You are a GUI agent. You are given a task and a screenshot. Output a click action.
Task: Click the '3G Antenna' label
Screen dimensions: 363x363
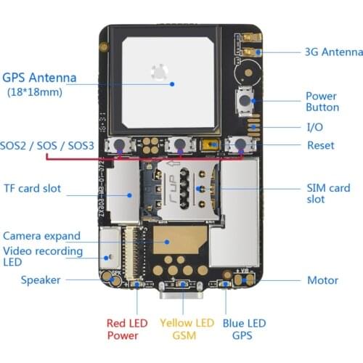333,52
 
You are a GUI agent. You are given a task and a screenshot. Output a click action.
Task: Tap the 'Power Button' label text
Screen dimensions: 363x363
322,102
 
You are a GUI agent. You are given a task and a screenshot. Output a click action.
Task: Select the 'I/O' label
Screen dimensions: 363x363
314,126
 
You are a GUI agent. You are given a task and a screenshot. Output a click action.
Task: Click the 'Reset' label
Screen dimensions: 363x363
320,145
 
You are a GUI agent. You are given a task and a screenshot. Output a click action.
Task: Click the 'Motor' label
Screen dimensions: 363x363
322,280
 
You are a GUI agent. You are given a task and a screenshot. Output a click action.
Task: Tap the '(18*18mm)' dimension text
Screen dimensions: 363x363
35,92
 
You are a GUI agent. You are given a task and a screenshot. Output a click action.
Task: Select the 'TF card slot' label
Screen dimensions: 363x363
42,188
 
